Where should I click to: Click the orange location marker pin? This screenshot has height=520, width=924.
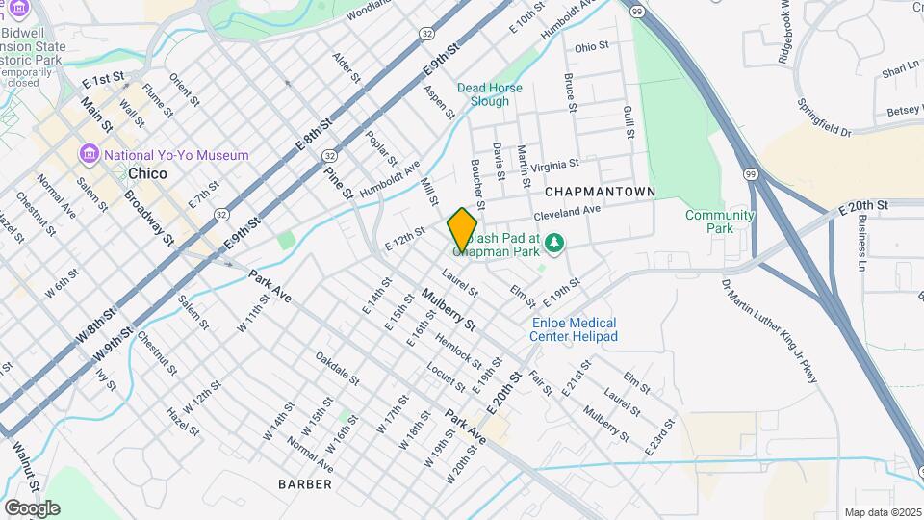pos(462,229)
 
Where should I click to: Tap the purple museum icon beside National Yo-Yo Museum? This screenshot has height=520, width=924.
pos(90,154)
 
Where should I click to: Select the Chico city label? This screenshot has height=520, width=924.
pos(147,174)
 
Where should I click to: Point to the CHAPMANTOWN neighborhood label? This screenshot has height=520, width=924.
pos(601,192)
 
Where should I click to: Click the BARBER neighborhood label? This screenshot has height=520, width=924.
pos(305,483)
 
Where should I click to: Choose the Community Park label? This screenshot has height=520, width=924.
pos(719,221)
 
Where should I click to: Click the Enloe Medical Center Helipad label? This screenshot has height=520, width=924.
pos(574,329)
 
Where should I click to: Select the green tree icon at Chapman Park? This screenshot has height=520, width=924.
pos(552,242)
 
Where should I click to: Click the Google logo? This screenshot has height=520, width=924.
pos(31,507)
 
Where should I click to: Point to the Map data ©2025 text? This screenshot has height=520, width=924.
pos(882,512)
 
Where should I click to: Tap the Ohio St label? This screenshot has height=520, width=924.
pos(592,46)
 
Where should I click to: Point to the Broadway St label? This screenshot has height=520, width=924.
pos(148,218)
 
